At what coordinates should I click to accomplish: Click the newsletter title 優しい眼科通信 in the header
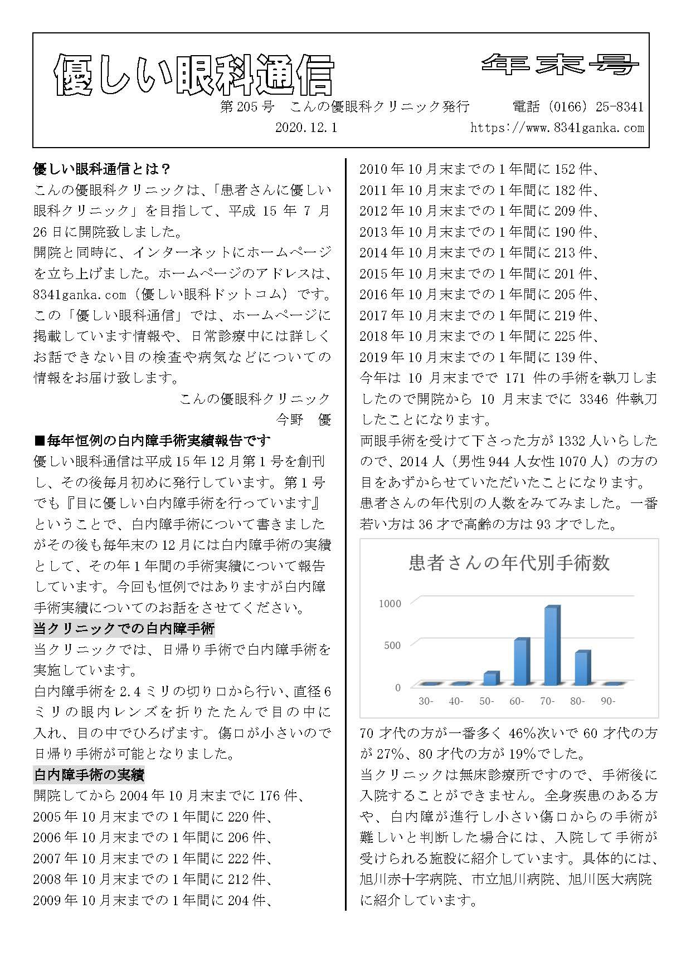(x=194, y=76)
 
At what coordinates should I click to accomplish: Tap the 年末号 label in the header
(x=560, y=65)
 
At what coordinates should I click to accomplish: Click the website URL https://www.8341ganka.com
(x=557, y=128)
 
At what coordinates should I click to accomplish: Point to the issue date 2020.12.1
(x=306, y=128)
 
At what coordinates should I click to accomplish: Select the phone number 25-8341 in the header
(x=614, y=106)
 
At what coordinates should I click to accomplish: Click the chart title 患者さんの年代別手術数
(x=509, y=563)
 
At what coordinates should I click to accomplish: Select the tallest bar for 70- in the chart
(x=551, y=646)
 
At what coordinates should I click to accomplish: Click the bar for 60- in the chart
(x=520, y=662)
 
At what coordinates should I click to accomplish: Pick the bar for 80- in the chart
(x=581, y=668)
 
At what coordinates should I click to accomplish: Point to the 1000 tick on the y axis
(x=390, y=604)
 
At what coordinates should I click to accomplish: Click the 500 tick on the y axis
(x=392, y=646)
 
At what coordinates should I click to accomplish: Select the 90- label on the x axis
(x=607, y=701)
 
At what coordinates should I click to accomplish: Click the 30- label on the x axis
(x=426, y=701)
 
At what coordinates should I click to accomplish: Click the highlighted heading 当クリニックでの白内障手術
(x=124, y=629)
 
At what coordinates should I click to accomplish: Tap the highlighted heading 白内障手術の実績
(x=89, y=775)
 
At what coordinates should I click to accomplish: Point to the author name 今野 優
(x=304, y=420)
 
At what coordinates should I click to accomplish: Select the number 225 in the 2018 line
(x=565, y=336)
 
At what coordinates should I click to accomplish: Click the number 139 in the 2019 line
(x=565, y=357)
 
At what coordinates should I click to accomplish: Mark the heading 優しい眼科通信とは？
(x=102, y=168)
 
